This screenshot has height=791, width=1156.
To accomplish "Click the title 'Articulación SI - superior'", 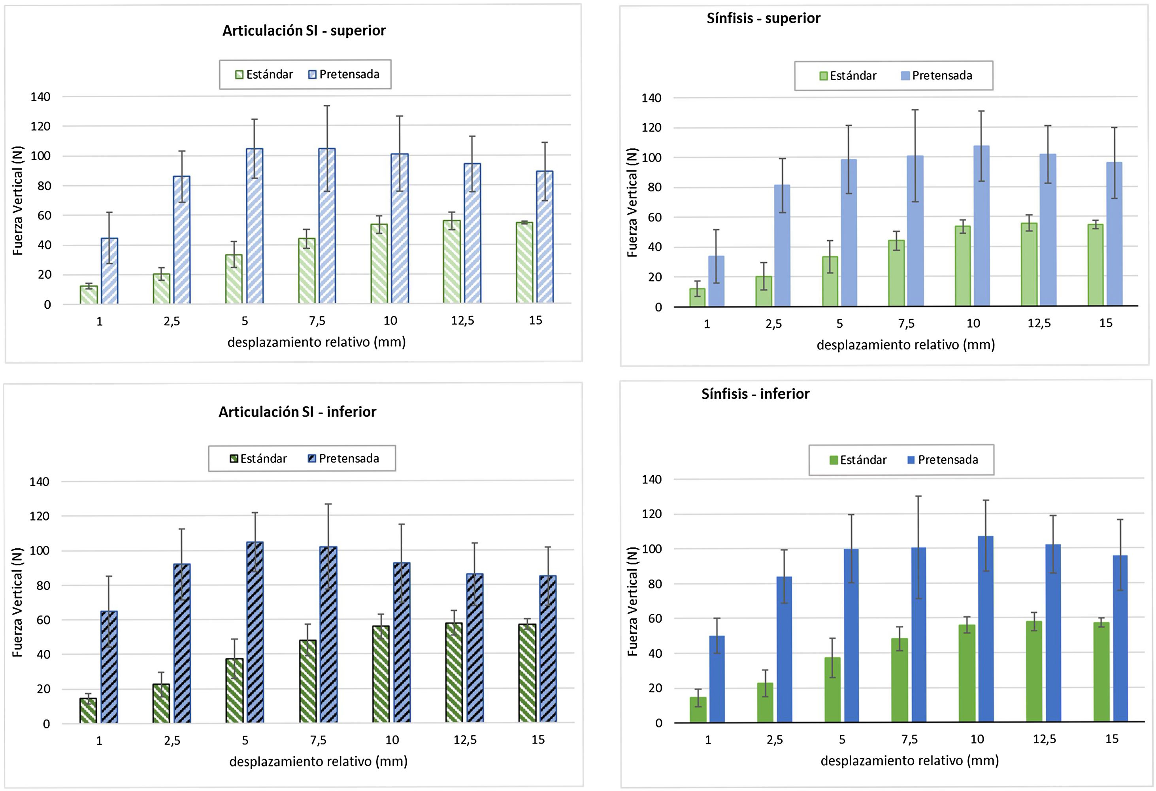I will tap(304, 31).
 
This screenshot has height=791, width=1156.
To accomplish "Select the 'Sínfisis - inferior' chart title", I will tap(755, 394).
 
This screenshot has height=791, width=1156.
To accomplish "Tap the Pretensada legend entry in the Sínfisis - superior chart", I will tap(937, 76).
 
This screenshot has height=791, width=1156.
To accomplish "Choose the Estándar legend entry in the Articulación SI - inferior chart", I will tap(258, 459).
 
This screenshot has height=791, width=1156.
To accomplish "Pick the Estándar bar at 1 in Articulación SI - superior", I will tap(89, 295).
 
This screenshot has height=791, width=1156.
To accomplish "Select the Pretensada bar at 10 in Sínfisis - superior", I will tap(981, 227).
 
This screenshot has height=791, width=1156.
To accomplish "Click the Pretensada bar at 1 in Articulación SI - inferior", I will tap(109, 666).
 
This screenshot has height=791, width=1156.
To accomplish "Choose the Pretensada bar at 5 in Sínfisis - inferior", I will tap(851, 635).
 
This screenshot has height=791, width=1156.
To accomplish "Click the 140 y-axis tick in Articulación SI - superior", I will tap(40, 97).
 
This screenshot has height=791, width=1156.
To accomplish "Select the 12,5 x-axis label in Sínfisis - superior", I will tap(1039, 323).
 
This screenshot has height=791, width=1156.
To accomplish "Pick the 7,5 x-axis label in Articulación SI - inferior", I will tap(319, 740).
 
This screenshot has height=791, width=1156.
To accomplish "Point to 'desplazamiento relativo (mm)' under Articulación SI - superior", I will tap(316, 342).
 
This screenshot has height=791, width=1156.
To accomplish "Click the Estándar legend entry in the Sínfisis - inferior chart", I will tap(858, 460).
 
